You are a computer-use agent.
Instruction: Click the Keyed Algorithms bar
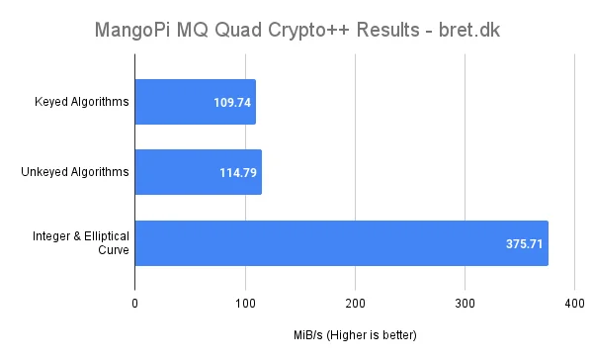195,102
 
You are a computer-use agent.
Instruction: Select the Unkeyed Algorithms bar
198,172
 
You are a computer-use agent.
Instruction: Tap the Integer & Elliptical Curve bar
341,243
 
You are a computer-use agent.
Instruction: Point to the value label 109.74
232,102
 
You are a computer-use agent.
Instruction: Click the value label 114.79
238,173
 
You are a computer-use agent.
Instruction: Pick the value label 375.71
524,243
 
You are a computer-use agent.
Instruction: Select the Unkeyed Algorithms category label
76,173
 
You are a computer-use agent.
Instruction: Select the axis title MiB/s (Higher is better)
355,334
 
